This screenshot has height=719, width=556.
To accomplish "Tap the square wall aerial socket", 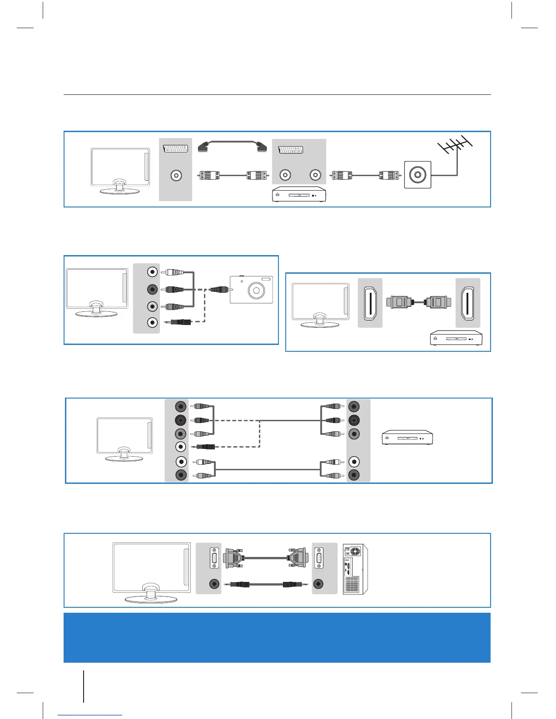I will [x=417, y=175].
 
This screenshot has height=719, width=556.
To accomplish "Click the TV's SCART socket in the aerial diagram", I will [x=176, y=148].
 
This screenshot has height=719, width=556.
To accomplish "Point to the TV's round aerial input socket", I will [x=176, y=175].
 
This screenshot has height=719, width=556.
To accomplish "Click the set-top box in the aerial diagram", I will [x=299, y=194].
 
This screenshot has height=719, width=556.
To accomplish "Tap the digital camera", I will [x=251, y=289].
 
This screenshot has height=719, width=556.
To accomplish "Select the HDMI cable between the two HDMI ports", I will [x=418, y=301].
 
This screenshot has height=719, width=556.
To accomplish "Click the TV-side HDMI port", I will [x=370, y=303].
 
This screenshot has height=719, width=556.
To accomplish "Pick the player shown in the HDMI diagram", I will [x=456, y=339].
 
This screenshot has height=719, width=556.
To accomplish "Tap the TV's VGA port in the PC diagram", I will [x=214, y=558].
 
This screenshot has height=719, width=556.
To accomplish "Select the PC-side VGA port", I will [x=319, y=558].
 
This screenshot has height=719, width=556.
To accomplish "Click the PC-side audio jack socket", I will [x=319, y=584].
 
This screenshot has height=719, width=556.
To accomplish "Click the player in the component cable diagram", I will [x=407, y=438].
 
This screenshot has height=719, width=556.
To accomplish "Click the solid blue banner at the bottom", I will [x=277, y=637].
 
